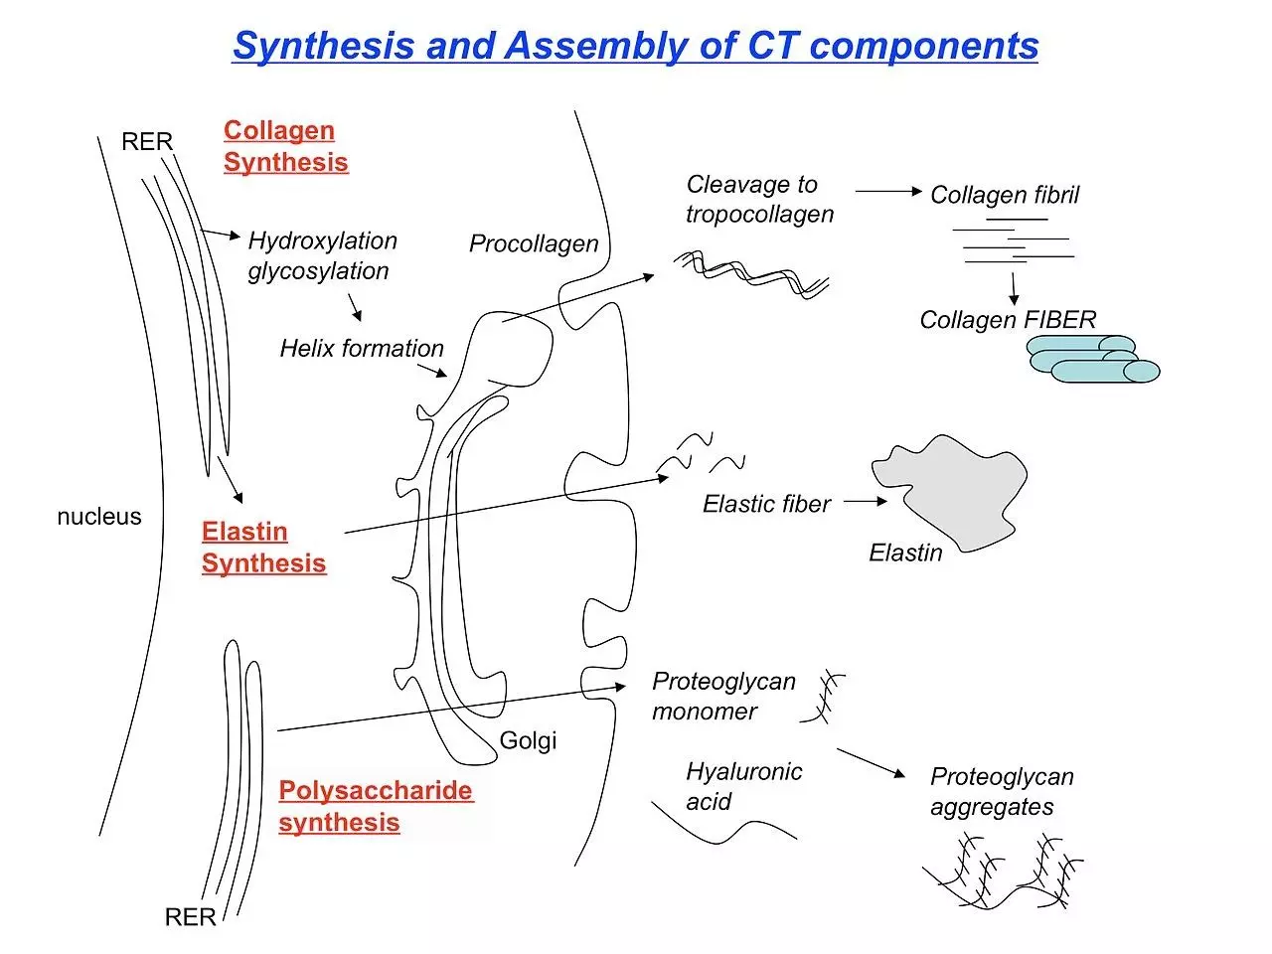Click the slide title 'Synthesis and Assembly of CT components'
tap(635, 47)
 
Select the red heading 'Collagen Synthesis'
tap(285, 146)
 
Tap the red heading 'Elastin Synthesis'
tap(263, 548)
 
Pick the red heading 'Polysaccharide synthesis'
tap(375, 806)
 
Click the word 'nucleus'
tap(99, 517)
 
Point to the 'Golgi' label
tap(528, 740)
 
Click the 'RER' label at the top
tap(147, 142)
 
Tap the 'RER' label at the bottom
tap(190, 917)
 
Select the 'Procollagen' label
tap(534, 243)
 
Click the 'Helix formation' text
tap(362, 349)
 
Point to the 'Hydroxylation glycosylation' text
tap(321, 255)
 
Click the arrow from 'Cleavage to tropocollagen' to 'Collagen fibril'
tap(887, 191)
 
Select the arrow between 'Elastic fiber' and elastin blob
tap(865, 502)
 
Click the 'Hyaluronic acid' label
tap(742, 786)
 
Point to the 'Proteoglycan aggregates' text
tap(1001, 791)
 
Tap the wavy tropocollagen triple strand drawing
tap(751, 273)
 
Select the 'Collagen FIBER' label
tap(1007, 320)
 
